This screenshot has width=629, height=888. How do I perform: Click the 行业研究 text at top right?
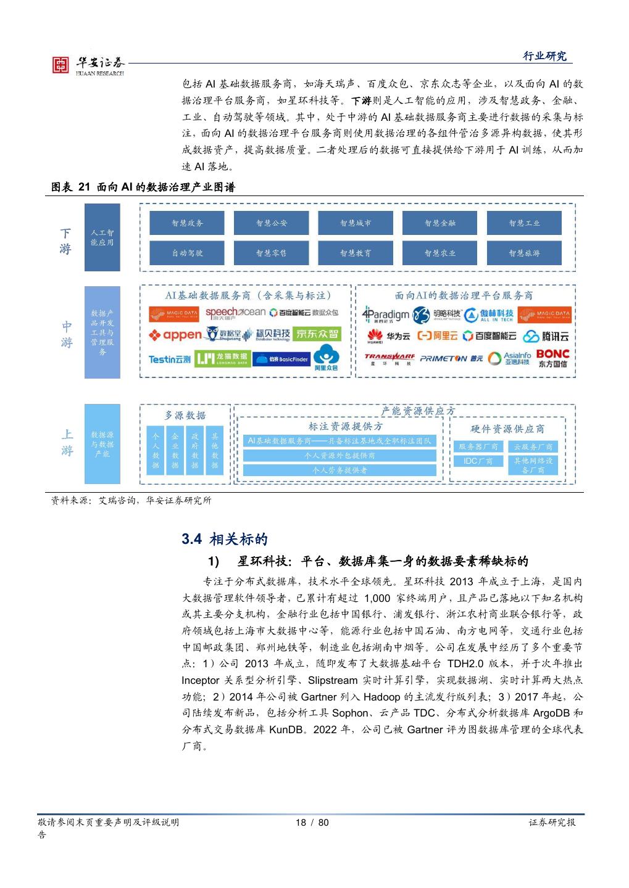[x=544, y=56]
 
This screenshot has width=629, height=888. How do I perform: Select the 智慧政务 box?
[x=188, y=223]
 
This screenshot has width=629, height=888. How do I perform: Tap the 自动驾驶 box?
[x=188, y=253]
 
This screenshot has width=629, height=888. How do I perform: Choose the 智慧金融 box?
[x=440, y=223]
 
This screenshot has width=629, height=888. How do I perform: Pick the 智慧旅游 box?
[x=524, y=253]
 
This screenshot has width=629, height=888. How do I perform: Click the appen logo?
[x=175, y=335]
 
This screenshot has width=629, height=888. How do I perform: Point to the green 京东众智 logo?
[x=317, y=334]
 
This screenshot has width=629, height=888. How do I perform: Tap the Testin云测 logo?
[x=169, y=359]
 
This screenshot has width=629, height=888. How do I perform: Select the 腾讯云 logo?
[x=546, y=336]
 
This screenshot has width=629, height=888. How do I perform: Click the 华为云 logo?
[x=388, y=336]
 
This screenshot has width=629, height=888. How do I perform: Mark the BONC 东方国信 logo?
[x=552, y=358]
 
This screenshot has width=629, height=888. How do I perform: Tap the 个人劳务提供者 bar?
[x=339, y=470]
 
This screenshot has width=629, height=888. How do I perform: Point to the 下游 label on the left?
[x=65, y=241]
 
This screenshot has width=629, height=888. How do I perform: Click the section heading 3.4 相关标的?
[x=225, y=539]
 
